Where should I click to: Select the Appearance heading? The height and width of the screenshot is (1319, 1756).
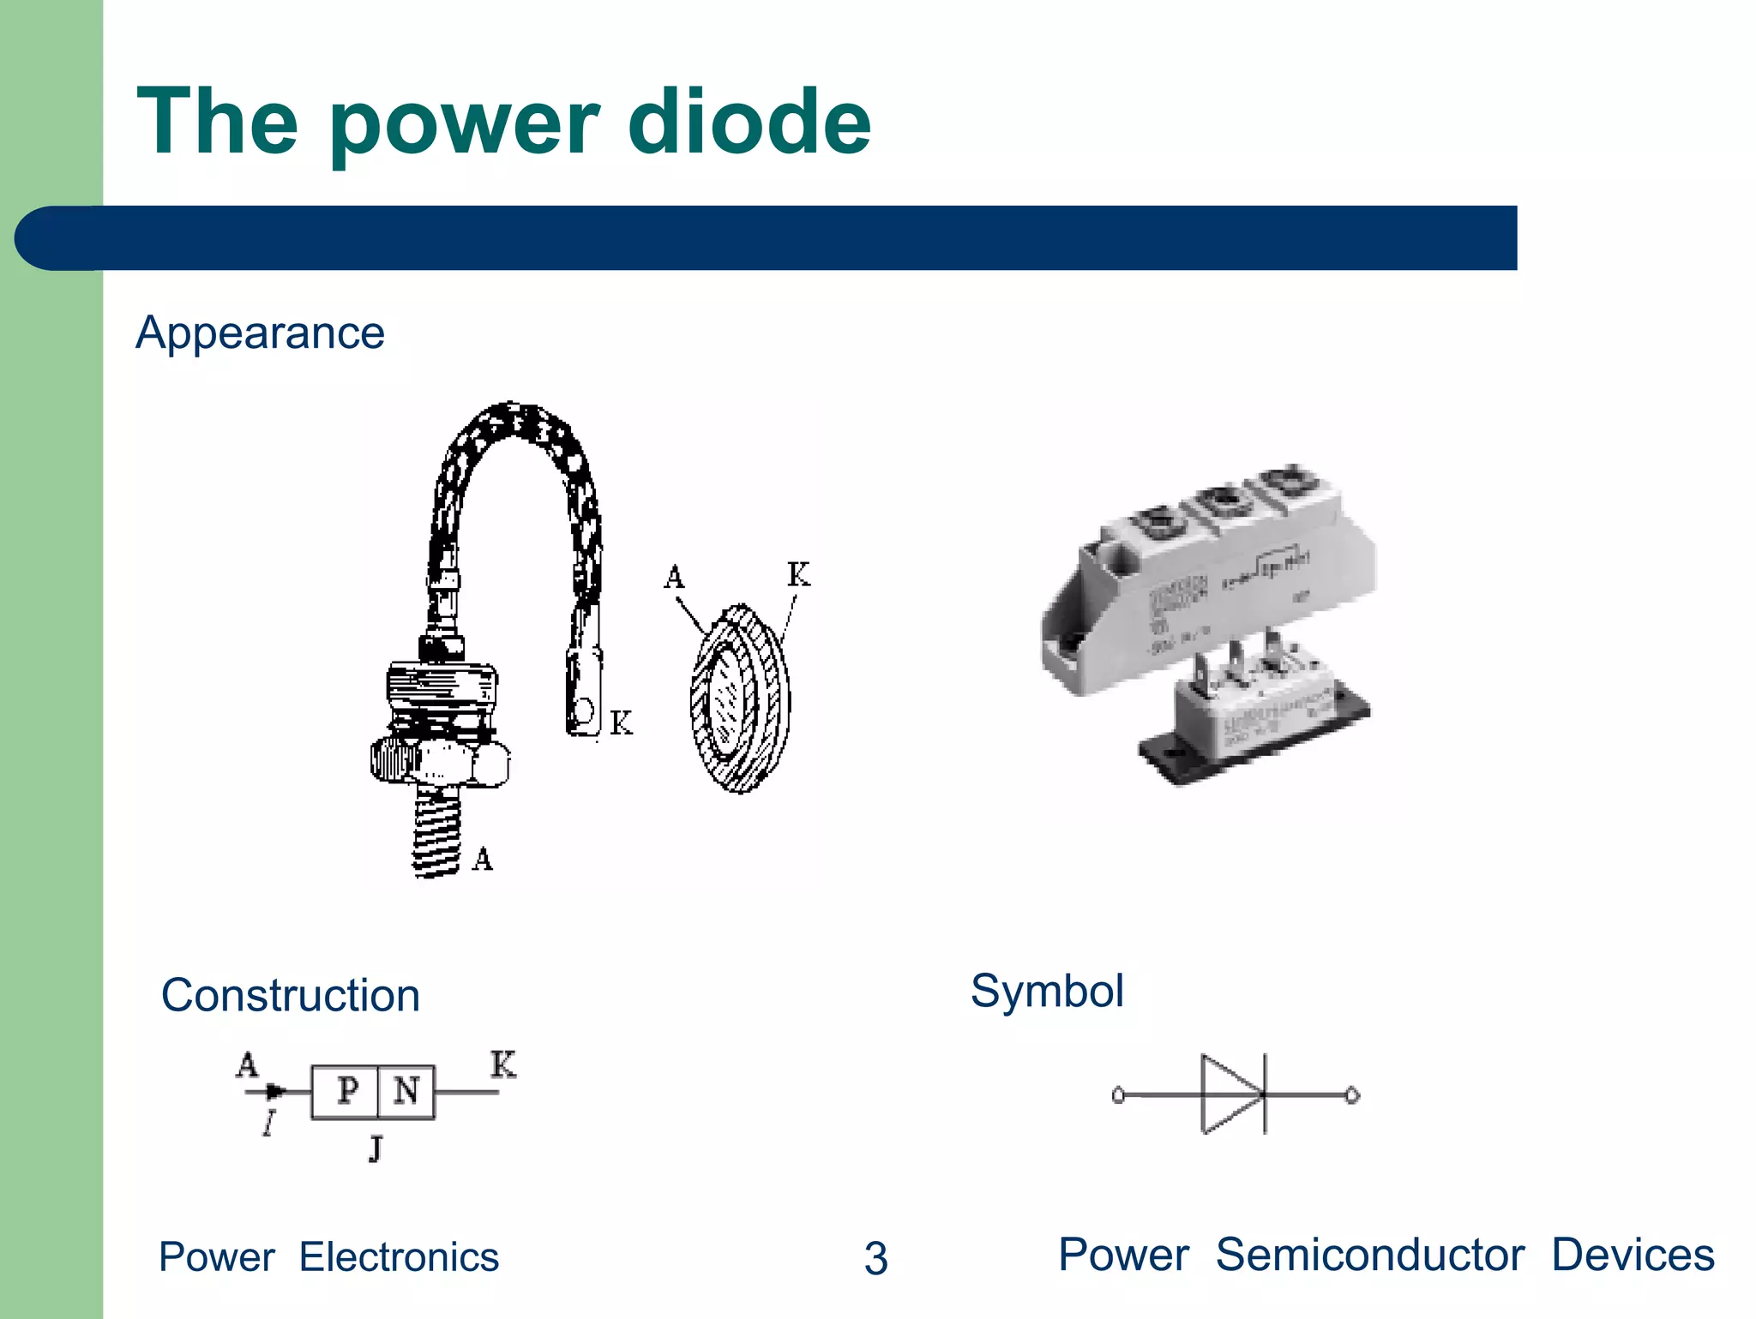[260, 333]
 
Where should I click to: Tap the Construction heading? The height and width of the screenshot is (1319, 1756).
[291, 996]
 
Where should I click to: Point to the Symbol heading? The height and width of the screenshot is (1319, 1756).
[1047, 992]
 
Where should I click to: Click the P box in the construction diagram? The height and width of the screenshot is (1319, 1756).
[346, 1092]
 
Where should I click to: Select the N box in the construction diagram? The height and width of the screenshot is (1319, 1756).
[406, 1092]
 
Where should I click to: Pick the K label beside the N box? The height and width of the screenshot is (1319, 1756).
[503, 1064]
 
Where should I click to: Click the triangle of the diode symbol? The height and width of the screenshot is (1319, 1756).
[1229, 1094]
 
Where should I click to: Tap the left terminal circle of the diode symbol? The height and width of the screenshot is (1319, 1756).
[1118, 1095]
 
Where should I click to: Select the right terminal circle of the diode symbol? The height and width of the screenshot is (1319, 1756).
[1352, 1095]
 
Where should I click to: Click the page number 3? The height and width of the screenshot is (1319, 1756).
[875, 1258]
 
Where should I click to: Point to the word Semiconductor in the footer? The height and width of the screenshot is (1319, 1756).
[1369, 1256]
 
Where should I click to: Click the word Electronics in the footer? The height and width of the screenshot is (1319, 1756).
[399, 1257]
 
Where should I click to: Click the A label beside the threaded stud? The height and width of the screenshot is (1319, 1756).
[483, 859]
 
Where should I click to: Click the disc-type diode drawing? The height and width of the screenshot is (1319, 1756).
[739, 698]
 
